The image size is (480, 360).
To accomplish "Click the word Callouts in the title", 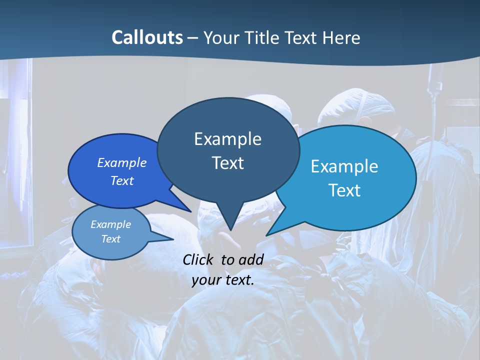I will (147, 37).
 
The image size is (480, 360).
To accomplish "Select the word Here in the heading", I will (342, 37).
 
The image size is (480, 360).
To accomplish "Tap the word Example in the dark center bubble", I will (227, 139).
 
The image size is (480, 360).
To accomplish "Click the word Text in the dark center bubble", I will (227, 163).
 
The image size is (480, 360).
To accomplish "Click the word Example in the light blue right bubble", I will (344, 166).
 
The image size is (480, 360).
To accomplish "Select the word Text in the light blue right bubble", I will (344, 190).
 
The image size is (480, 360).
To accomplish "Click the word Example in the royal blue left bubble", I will (122, 162).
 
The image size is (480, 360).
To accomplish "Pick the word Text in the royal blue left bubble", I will (122, 180).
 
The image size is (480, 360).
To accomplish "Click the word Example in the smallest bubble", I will (110, 224).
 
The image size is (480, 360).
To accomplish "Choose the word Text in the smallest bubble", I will (110, 239).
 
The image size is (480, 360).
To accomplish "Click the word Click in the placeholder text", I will (199, 259).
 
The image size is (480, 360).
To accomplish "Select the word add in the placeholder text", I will (251, 259).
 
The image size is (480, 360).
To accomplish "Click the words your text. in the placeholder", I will (223, 280).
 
